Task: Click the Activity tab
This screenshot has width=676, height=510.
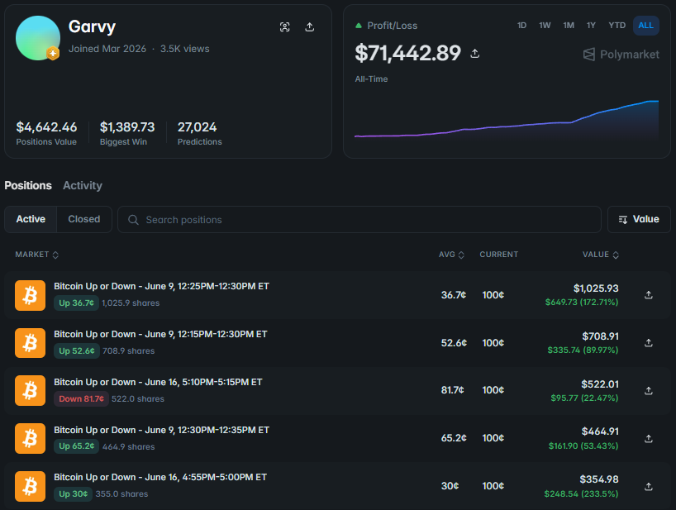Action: (83, 185)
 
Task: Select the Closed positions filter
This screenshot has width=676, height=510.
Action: (84, 219)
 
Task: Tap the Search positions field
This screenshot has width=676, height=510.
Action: (359, 219)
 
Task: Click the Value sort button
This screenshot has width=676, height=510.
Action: (639, 219)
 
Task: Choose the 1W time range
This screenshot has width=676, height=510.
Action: (545, 26)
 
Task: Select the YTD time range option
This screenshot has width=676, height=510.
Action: (617, 26)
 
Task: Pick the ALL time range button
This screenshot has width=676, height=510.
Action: (645, 26)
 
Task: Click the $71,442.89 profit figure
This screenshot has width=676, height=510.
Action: (408, 53)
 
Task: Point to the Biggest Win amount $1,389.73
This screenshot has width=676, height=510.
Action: (127, 127)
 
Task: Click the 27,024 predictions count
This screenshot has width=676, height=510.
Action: (197, 127)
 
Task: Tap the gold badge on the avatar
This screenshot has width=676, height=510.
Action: (53, 54)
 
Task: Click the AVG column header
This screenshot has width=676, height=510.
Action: (451, 255)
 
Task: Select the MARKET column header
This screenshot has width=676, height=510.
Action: (36, 255)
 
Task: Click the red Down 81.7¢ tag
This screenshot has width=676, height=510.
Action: (81, 398)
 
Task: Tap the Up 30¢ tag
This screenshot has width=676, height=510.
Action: (73, 493)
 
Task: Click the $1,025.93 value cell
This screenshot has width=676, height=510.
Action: (596, 288)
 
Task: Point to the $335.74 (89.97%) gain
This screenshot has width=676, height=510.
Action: (583, 350)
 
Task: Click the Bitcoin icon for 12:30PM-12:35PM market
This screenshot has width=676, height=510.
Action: (31, 438)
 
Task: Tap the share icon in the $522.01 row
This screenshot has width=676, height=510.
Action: (649, 391)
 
